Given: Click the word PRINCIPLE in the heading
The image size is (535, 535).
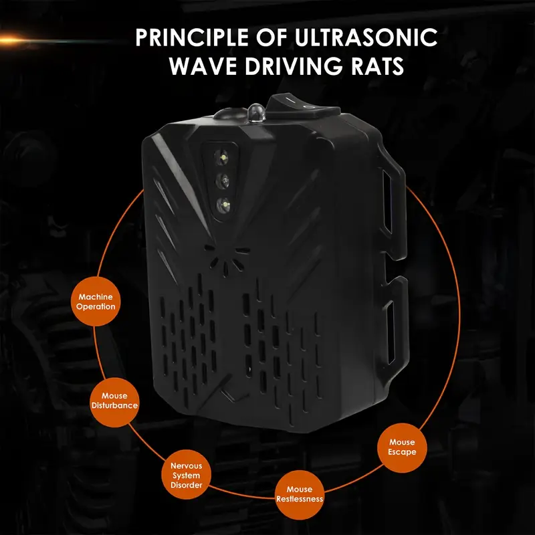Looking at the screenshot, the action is click(192, 37).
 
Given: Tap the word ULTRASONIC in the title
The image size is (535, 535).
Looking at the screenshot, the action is click(366, 37).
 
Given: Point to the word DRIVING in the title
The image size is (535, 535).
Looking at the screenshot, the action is click(293, 66).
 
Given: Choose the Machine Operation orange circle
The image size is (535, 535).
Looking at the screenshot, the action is click(96, 302).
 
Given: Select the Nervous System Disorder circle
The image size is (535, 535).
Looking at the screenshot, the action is click(187, 475).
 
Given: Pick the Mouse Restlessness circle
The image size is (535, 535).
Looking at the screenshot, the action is click(300, 494).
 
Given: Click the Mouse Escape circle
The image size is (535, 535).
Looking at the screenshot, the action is click(402, 447).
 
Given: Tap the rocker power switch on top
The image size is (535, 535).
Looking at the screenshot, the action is click(303, 106).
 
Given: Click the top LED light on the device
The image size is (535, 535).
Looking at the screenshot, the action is click(222, 157).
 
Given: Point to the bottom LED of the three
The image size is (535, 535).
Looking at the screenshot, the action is click(225, 206).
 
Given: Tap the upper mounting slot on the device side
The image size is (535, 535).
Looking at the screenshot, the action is click(387, 203).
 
